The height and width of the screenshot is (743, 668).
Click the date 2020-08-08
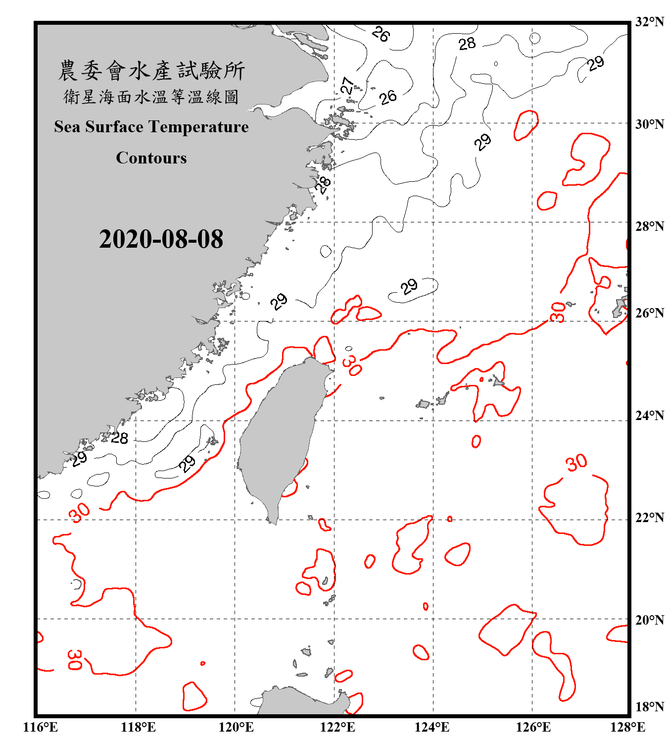(x=161, y=239)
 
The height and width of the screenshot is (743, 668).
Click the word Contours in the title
(x=151, y=158)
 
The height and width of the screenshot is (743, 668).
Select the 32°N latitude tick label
(x=649, y=22)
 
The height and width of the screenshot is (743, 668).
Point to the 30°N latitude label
(x=649, y=124)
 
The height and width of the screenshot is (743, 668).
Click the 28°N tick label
(x=649, y=226)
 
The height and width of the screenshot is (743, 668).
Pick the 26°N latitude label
(x=649, y=313)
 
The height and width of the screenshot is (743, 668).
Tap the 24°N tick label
(x=649, y=415)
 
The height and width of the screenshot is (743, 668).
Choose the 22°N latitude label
(x=649, y=518)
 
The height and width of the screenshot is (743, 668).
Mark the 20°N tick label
(x=649, y=620)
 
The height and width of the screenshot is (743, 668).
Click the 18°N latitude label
(x=649, y=706)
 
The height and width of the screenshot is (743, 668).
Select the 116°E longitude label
(x=41, y=727)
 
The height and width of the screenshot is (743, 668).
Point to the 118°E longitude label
(x=138, y=727)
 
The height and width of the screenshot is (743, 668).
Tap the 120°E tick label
(x=236, y=727)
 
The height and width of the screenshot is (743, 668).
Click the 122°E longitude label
(x=337, y=727)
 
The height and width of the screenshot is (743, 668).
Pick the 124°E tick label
(x=432, y=727)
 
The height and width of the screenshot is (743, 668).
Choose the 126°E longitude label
(x=533, y=727)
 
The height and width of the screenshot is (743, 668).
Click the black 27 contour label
(x=348, y=86)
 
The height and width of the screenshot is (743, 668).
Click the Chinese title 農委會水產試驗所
(x=151, y=71)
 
